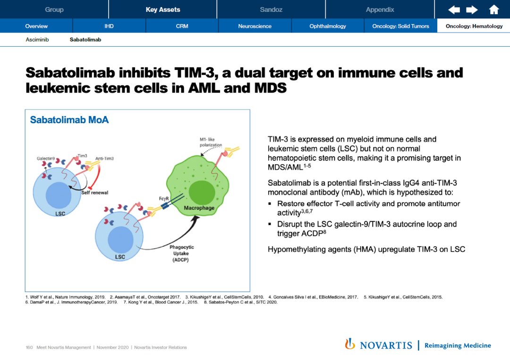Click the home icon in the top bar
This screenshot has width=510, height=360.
(x=494, y=10)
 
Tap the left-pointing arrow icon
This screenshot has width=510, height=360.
(x=454, y=10)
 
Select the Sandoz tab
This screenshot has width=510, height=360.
(x=271, y=9)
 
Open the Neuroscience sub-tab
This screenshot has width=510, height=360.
(x=255, y=26)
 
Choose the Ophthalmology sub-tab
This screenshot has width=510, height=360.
(x=328, y=26)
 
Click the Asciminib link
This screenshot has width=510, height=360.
(x=37, y=40)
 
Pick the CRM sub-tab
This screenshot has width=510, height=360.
(x=182, y=26)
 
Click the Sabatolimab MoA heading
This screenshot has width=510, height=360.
(x=69, y=120)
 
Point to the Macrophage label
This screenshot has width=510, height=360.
(x=199, y=208)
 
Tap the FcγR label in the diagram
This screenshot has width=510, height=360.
(x=164, y=199)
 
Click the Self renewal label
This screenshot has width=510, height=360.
(x=94, y=193)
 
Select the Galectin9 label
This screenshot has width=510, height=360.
(x=46, y=158)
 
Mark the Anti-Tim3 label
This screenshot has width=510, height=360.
(x=104, y=159)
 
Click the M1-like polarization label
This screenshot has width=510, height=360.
(x=211, y=142)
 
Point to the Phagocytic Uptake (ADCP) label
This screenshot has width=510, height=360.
(x=181, y=253)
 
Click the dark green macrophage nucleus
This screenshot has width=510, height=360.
(x=202, y=193)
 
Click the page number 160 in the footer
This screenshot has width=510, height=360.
(x=29, y=348)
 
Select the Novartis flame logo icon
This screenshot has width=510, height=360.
(x=350, y=344)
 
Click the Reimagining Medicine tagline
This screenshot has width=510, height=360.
(x=458, y=346)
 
